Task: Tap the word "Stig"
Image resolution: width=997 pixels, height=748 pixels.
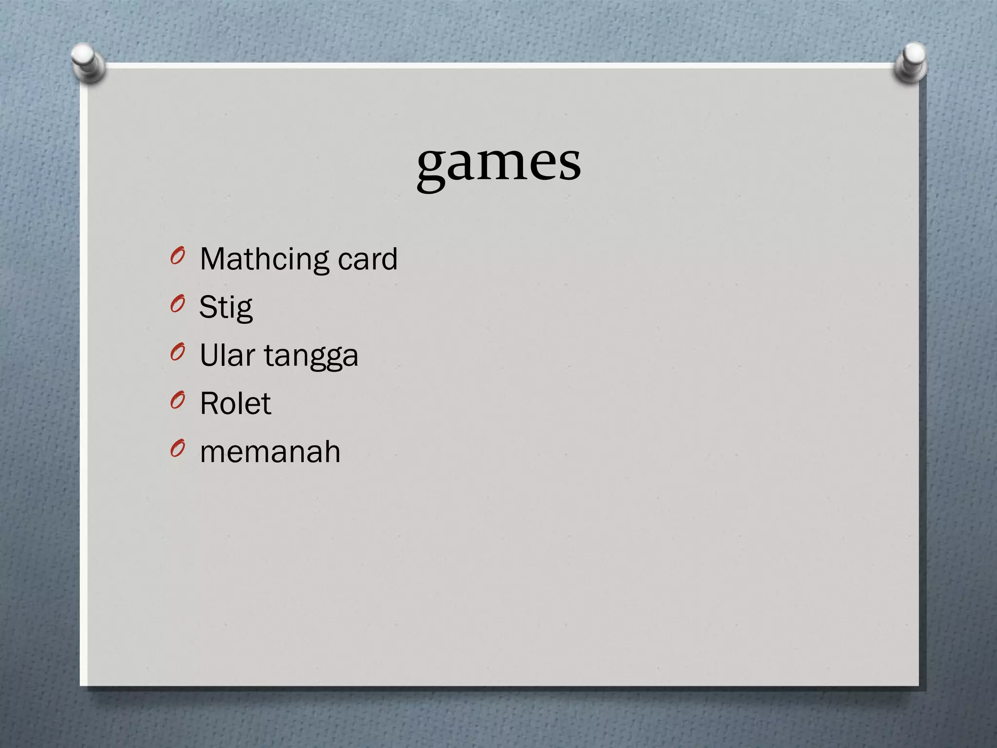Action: click(x=226, y=308)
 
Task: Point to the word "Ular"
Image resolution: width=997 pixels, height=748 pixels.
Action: click(x=227, y=355)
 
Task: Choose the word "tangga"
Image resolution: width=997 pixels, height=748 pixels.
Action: click(x=311, y=356)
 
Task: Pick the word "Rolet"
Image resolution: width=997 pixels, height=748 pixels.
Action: click(x=235, y=403)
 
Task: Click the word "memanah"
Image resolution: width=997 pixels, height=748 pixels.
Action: click(x=270, y=451)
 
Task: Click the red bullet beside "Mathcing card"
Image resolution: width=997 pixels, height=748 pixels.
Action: click(x=178, y=256)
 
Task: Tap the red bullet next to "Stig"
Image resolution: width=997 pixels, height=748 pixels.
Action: click(x=178, y=304)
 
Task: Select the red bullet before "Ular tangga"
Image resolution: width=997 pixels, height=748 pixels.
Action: click(x=178, y=352)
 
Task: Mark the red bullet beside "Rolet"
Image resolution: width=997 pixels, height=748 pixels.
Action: click(x=178, y=400)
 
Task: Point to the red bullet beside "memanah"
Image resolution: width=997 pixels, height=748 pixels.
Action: click(x=178, y=449)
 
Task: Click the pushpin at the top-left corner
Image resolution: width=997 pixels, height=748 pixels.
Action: click(x=88, y=62)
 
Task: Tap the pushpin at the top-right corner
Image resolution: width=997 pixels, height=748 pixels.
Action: click(x=911, y=62)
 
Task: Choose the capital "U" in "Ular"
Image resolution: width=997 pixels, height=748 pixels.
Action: click(x=210, y=355)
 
